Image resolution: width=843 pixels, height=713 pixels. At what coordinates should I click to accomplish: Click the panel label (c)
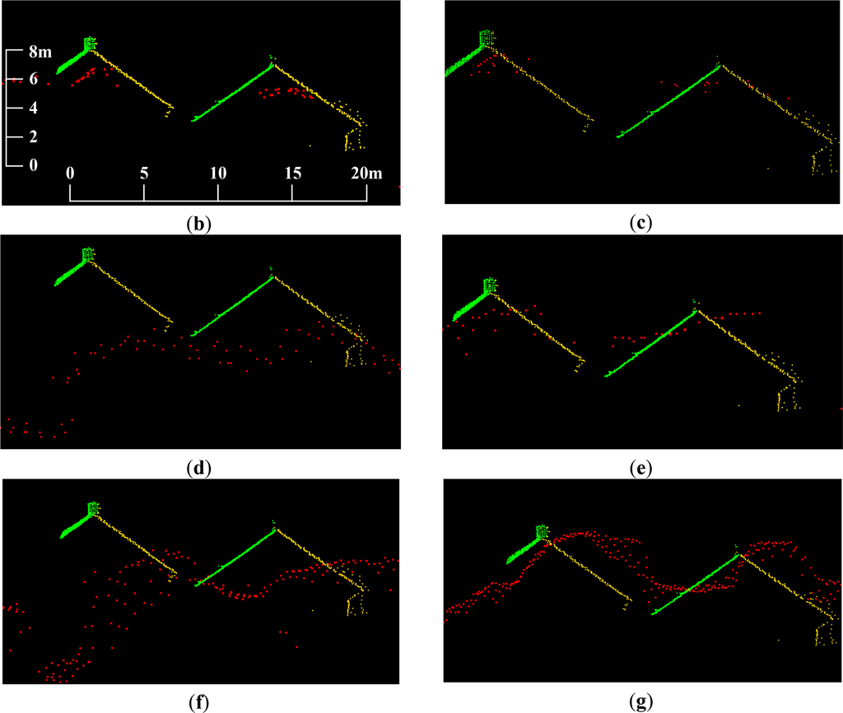639,222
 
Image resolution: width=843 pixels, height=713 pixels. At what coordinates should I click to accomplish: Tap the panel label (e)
639,469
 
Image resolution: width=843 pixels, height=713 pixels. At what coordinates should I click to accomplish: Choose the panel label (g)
639,703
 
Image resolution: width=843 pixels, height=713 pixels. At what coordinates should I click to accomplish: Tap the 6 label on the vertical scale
33,80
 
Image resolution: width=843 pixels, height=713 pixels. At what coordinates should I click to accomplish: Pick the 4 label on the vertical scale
33,108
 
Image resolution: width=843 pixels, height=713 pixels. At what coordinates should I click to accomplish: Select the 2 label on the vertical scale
33,137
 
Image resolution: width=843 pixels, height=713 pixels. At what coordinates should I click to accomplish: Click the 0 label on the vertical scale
33,164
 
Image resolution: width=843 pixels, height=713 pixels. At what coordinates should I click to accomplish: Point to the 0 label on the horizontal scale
70,174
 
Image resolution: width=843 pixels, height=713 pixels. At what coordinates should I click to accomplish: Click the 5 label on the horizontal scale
144,174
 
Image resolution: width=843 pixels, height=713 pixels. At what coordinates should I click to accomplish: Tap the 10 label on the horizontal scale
217,174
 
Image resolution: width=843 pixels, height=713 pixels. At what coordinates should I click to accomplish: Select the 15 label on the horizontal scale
292,174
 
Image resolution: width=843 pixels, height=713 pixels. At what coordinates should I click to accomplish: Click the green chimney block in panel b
90,43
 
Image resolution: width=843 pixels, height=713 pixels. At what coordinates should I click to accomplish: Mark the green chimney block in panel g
543,532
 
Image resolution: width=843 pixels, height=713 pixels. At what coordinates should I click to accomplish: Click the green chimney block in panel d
89,255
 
